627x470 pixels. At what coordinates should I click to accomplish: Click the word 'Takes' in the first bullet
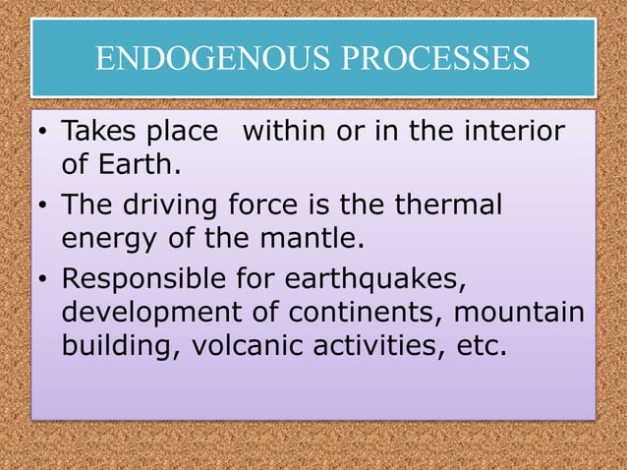tap(96, 132)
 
